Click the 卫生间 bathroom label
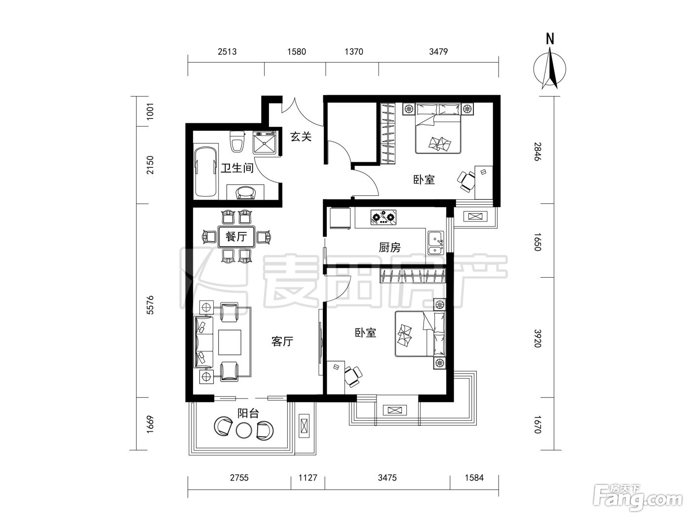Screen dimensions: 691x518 237,168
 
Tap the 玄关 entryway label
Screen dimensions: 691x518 301,137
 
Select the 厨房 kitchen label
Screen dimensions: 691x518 389,248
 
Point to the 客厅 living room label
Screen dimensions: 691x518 282,341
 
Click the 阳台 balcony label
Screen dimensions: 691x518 248,413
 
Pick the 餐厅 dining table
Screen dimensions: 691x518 236,236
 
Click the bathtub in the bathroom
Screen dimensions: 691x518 205,172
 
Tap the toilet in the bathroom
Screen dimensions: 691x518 237,141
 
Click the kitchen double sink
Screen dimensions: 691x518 436,243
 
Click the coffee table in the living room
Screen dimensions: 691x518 230,342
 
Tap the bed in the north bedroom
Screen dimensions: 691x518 438,128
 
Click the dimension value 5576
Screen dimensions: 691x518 150,305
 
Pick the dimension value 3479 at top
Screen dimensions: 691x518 438,52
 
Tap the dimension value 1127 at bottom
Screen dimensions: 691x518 307,478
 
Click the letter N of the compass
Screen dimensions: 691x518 550,39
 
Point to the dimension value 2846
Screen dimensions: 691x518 537,152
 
